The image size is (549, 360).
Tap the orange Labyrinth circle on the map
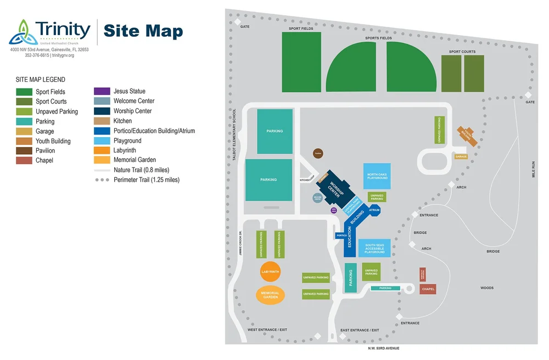(270, 272)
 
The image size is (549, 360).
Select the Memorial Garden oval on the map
(270, 295)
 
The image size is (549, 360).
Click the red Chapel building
(428, 289)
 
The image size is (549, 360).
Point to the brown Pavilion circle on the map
(318, 154)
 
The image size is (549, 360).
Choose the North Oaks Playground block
(377, 176)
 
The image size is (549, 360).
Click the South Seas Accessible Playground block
(374, 248)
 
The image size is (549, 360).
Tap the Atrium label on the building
(374, 210)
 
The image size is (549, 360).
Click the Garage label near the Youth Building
(461, 157)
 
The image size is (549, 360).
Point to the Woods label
(487, 288)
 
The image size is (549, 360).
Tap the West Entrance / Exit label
(267, 330)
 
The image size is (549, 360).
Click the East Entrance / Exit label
(360, 330)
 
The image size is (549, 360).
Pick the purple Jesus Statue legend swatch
(102, 91)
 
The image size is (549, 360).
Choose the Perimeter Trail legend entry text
(147, 180)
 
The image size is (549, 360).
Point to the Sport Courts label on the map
(462, 52)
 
